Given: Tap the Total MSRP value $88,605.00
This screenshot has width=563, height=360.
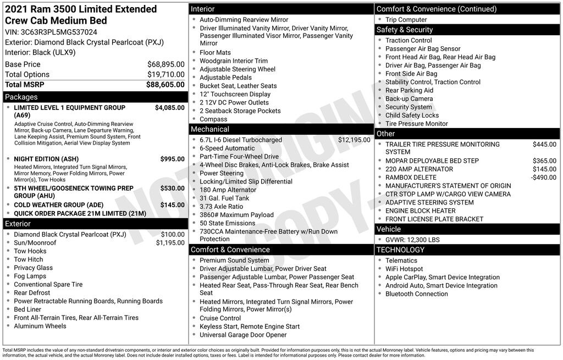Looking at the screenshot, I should (165, 85).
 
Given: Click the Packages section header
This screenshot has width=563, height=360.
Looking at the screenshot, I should (21, 97).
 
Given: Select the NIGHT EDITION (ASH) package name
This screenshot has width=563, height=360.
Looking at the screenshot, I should (46, 159).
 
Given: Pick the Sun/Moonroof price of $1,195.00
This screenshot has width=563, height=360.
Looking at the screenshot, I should (170, 243).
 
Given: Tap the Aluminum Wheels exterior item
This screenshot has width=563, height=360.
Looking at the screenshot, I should (40, 326).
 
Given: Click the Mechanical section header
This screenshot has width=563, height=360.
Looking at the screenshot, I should (210, 129).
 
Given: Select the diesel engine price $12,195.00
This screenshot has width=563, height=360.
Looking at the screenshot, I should (354, 140).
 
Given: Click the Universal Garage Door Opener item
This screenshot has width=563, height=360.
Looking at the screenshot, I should (243, 335).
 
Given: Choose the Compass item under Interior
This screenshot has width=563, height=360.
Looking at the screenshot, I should (213, 119).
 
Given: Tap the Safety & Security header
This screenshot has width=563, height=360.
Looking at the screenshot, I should (405, 30).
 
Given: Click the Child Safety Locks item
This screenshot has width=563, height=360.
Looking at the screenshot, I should (412, 115).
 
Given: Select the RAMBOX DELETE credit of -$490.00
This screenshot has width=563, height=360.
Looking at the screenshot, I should (543, 178).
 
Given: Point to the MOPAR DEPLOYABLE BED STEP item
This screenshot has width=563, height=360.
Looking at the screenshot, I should (432, 161).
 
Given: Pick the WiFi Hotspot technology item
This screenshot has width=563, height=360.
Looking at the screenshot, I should (404, 269).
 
